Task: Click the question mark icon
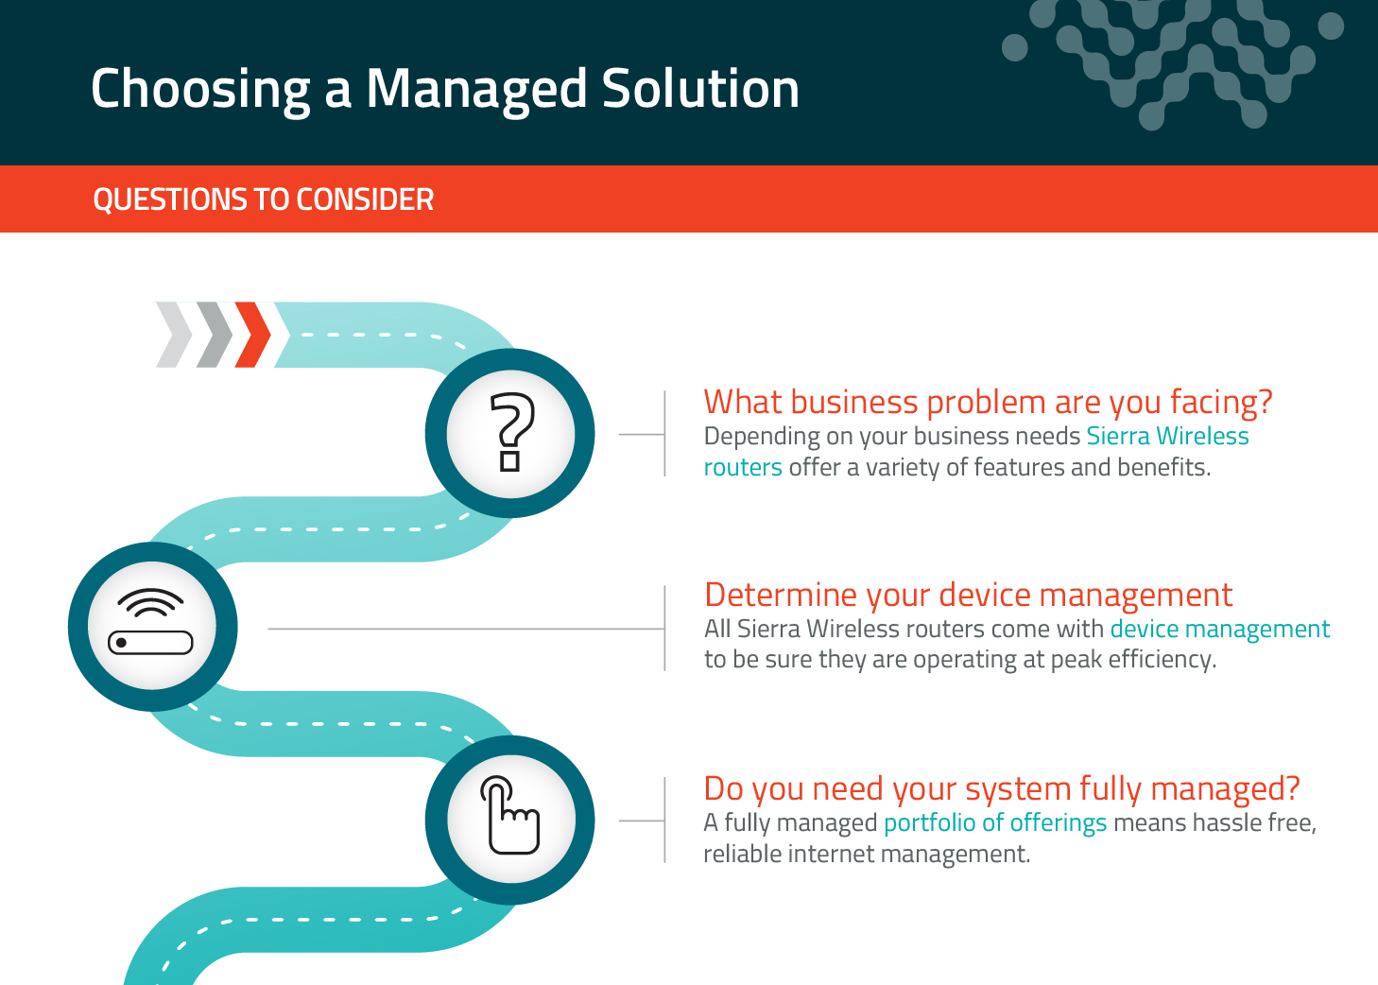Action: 510,432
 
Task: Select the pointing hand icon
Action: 510,819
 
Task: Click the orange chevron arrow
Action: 252,335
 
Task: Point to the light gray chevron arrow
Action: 175,335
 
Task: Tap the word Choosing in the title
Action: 200,90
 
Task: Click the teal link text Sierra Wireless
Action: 1167,436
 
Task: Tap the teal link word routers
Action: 743,467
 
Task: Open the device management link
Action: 1219,629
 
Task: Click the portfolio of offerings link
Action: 994,822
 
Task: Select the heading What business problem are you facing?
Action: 988,402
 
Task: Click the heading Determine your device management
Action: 968,595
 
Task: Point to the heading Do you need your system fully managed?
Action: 1001,788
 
